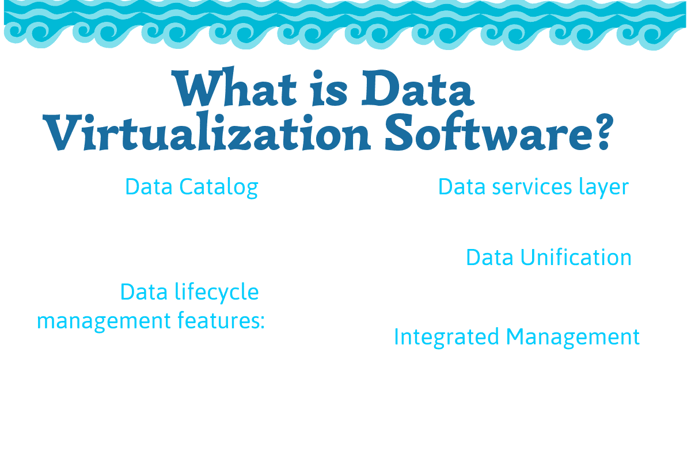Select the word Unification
pos(576,257)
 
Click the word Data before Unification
pos(490,257)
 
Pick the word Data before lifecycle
pos(144,292)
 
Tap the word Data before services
pos(462,187)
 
